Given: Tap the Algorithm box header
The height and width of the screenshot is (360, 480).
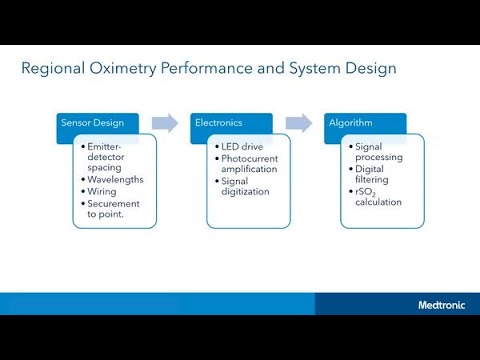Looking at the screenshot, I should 353,123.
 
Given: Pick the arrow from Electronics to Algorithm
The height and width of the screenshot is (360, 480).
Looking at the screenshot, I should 298,123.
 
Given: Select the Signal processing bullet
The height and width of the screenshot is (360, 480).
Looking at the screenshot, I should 376,152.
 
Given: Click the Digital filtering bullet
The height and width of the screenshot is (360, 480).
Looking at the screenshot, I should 376,174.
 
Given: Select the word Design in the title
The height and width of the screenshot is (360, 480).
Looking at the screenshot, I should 371,69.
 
